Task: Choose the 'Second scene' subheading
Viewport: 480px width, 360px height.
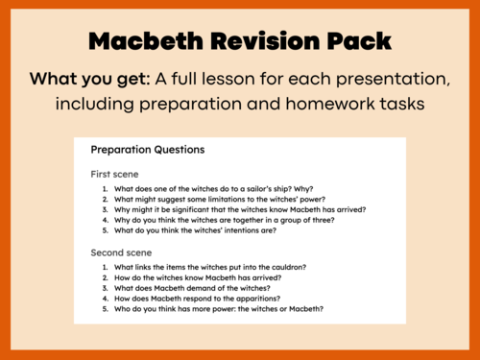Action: point(119,251)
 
